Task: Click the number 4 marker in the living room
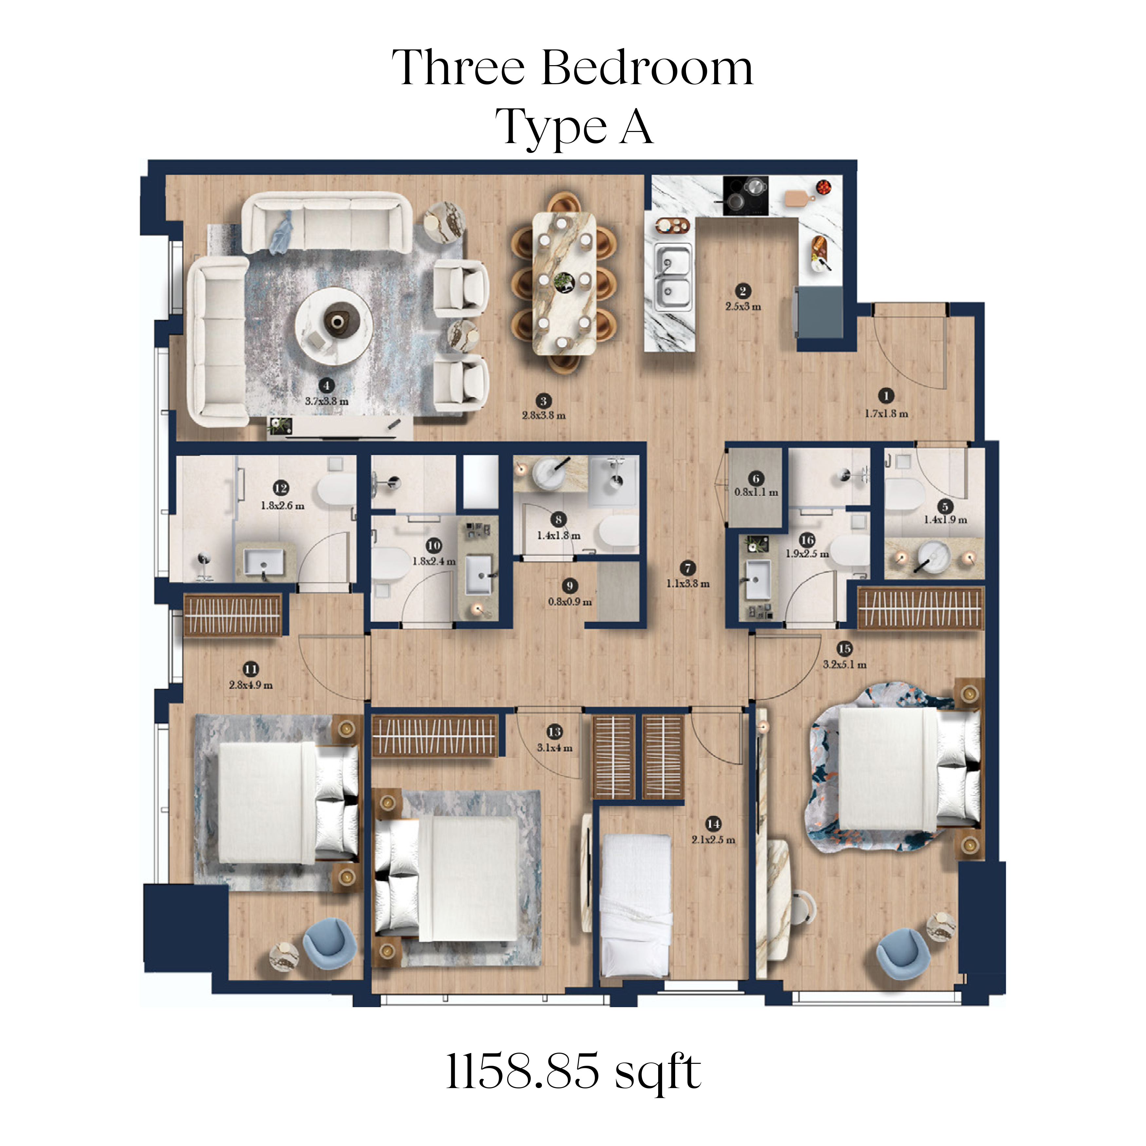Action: (326, 386)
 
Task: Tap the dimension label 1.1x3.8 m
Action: (688, 584)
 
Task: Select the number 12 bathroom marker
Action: (281, 488)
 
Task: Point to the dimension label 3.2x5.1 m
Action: (845, 665)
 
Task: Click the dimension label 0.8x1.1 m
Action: (756, 492)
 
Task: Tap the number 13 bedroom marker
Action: (555, 732)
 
